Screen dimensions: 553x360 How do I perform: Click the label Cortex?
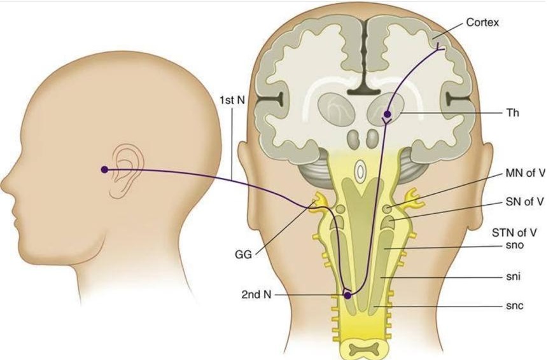click(482, 22)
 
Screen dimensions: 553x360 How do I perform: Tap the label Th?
click(512, 113)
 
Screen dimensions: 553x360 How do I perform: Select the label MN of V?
click(525, 173)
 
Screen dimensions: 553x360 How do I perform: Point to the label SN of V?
click(524, 202)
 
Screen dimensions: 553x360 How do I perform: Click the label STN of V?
click(515, 233)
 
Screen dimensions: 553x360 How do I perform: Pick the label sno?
click(515, 245)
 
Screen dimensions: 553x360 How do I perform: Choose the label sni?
click(514, 277)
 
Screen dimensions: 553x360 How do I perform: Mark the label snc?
click(515, 306)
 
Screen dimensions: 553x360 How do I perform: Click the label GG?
click(243, 254)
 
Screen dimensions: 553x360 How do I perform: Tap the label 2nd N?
click(256, 294)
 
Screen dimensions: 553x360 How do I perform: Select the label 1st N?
click(232, 100)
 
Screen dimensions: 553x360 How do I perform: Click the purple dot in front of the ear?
click(104, 170)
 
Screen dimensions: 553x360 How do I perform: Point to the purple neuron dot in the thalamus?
click(388, 114)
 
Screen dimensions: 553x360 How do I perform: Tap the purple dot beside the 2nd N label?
click(347, 296)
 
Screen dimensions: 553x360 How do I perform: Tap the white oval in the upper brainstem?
click(360, 172)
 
